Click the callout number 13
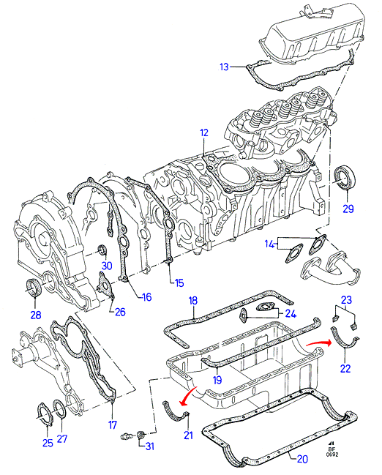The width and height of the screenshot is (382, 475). pyautogui.click(x=224, y=67)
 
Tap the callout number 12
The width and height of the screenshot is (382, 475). pyautogui.click(x=204, y=132)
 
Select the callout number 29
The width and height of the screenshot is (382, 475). pyautogui.click(x=348, y=209)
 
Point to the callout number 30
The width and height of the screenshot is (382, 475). pyautogui.click(x=107, y=266)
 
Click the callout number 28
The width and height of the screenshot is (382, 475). pyautogui.click(x=36, y=315)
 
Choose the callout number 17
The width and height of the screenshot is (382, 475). pyautogui.click(x=113, y=424)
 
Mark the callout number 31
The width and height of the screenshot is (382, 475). pyautogui.click(x=150, y=446)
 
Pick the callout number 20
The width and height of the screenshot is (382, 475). pyautogui.click(x=302, y=459)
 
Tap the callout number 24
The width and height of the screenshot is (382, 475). pyautogui.click(x=291, y=313)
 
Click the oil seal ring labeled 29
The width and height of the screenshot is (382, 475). pyautogui.click(x=345, y=177)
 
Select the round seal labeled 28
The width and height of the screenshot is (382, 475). pyautogui.click(x=34, y=287)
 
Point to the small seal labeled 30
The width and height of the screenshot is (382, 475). pyautogui.click(x=102, y=250)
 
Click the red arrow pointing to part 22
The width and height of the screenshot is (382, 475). pyautogui.click(x=318, y=343)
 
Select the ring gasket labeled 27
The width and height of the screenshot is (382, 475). pyautogui.click(x=59, y=410)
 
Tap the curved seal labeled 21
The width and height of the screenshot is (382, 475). pyautogui.click(x=176, y=414)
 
